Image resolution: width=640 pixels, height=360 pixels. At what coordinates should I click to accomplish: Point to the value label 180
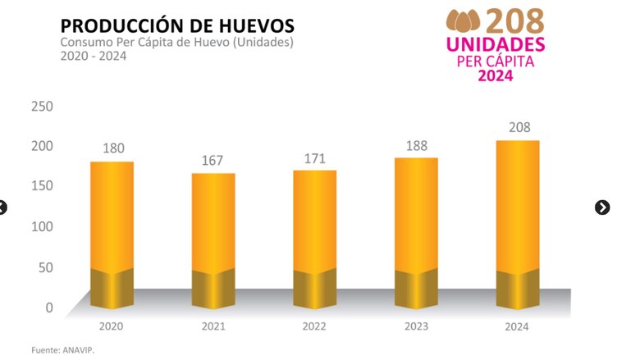tap(112, 148)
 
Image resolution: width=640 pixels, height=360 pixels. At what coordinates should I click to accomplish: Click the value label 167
tap(213, 160)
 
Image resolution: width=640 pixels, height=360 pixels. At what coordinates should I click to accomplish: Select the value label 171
tap(315, 157)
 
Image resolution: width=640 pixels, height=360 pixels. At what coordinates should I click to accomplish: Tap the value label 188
tap(417, 144)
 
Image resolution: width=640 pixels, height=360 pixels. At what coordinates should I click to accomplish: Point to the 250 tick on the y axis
tap(42, 107)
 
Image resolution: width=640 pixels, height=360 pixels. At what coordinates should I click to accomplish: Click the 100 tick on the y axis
tap(42, 226)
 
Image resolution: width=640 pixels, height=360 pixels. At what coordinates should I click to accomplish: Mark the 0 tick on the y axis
tap(48, 308)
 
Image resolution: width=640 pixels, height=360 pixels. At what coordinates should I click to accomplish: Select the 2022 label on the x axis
tap(315, 326)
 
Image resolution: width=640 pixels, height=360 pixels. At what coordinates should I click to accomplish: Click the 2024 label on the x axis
tap(518, 326)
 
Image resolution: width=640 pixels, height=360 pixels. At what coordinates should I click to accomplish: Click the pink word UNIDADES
tap(496, 43)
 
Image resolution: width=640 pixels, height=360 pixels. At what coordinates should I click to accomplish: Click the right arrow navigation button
tap(602, 207)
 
